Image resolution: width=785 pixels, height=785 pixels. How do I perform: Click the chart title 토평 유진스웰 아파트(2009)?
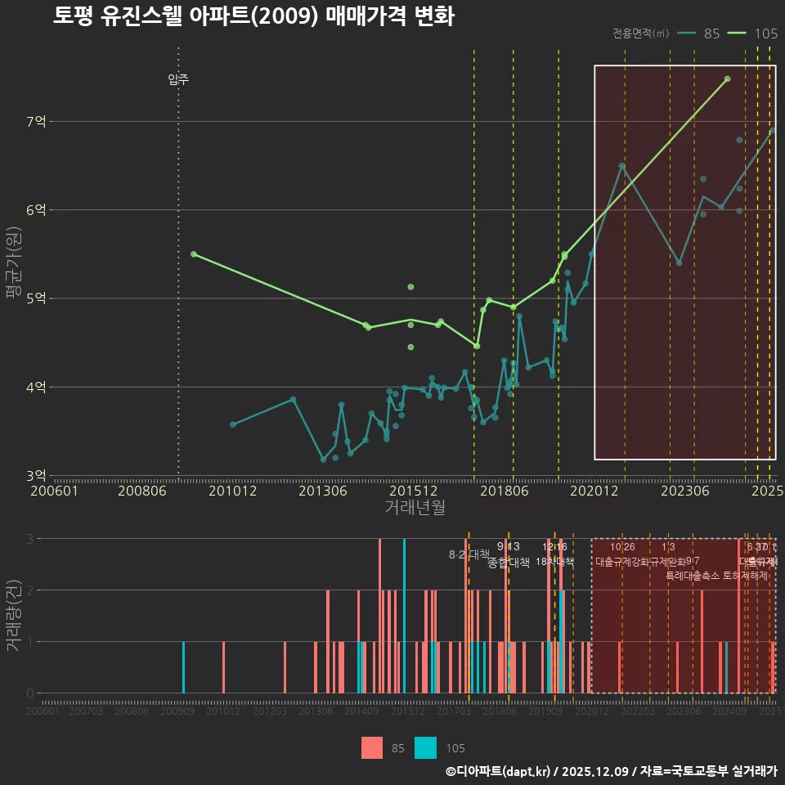pos(253,16)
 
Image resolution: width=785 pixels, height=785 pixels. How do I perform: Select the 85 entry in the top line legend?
pos(711,34)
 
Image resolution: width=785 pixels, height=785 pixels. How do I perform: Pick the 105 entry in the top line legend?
pos(765,34)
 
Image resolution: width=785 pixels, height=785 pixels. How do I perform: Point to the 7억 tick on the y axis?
pos(36,122)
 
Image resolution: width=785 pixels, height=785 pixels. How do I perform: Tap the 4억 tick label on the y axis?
pos(36,387)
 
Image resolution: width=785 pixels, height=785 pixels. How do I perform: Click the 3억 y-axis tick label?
pos(36,475)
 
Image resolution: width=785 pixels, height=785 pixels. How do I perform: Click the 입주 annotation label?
pos(178,79)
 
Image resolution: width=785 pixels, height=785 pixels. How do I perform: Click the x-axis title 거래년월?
pos(415,507)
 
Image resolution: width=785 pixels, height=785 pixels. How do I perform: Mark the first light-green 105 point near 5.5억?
pos(194,254)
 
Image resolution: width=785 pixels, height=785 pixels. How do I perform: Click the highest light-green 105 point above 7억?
pos(727,79)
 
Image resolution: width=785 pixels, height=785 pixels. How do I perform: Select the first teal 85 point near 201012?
pos(233,424)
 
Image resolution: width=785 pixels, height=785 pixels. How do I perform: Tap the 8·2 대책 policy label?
pos(469,554)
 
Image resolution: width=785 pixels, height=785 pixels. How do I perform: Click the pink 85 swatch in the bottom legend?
pos(372,747)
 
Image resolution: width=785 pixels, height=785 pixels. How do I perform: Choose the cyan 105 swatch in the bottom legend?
pos(425,747)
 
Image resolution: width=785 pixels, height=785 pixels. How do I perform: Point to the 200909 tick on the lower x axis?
pos(177,711)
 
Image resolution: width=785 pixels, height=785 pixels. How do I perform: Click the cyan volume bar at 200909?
pos(183,667)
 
